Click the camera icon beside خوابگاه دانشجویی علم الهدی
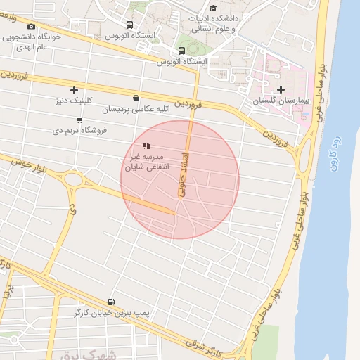click(x=30, y=27)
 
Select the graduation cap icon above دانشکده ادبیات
click(x=213, y=7)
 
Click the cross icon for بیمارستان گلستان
click(x=281, y=89)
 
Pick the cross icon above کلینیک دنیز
click(x=74, y=89)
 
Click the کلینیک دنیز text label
click(x=74, y=101)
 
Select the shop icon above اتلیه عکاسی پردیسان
click(x=135, y=98)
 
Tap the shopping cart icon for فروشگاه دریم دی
click(x=79, y=120)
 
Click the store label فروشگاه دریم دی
click(x=78, y=131)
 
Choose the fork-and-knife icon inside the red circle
click(x=146, y=145)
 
